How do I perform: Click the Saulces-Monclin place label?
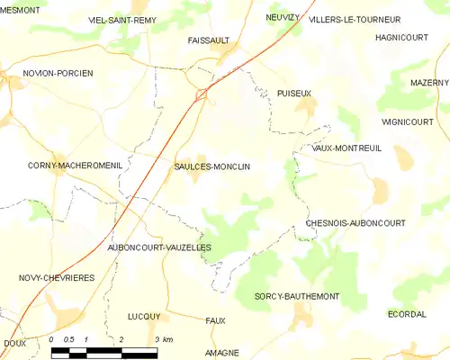pyautogui.click(x=211, y=166)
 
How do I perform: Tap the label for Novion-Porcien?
pyautogui.click(x=58, y=73)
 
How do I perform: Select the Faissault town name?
pyautogui.click(x=209, y=40)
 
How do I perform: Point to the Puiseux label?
pyautogui.click(x=294, y=93)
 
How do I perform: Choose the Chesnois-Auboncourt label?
pyautogui.click(x=355, y=222)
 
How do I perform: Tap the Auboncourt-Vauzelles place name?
pyautogui.click(x=158, y=247)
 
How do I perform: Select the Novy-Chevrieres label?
pyautogui.click(x=57, y=279)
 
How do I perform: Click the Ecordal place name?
pyautogui.click(x=407, y=314)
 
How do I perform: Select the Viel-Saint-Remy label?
pyautogui.click(x=122, y=19)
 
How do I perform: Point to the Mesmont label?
pyautogui.click(x=22, y=9)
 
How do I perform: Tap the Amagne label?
pyautogui.click(x=222, y=353)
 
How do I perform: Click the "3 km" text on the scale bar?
pyautogui.click(x=164, y=339)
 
